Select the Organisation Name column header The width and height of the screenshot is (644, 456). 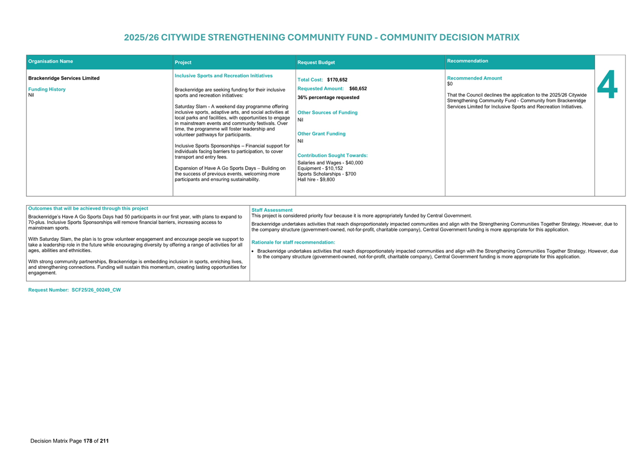click(x=51, y=61)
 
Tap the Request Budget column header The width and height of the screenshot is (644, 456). click(x=316, y=63)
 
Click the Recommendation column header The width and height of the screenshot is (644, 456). click(x=467, y=61)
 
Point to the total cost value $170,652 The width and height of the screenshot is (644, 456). click(x=337, y=80)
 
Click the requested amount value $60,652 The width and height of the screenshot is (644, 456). click(x=358, y=89)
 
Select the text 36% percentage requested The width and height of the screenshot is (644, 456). click(x=328, y=98)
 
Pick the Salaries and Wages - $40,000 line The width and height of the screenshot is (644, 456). click(x=330, y=163)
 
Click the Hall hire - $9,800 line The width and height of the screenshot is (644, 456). click(x=316, y=180)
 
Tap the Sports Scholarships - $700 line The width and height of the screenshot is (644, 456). click(x=327, y=174)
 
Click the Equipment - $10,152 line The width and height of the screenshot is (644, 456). click(x=320, y=168)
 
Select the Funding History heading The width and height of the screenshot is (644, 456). click(x=47, y=89)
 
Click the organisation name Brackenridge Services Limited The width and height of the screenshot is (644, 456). click(x=64, y=78)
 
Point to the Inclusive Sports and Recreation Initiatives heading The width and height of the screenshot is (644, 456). click(x=223, y=76)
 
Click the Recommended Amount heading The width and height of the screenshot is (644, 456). click(x=474, y=78)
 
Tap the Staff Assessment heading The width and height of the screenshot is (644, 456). click(x=272, y=210)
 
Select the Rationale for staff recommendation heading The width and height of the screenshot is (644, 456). click(x=293, y=243)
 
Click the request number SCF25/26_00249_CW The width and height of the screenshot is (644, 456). click(x=96, y=290)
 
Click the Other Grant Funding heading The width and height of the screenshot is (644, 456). click(x=321, y=134)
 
